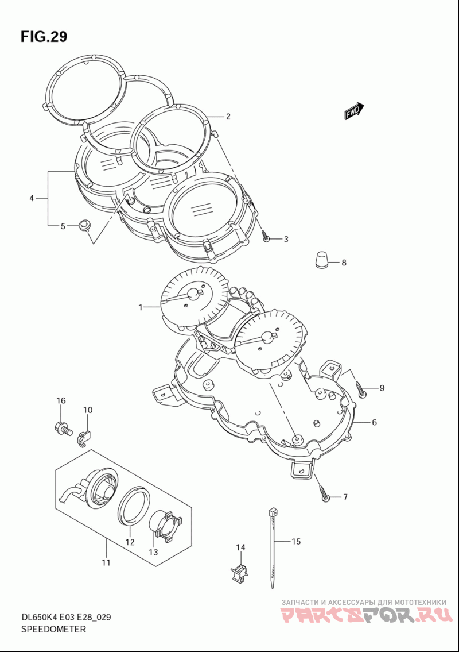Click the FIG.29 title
(44, 37)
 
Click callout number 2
(228, 117)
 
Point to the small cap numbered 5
(85, 225)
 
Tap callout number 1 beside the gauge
(141, 307)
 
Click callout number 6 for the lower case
(374, 422)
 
